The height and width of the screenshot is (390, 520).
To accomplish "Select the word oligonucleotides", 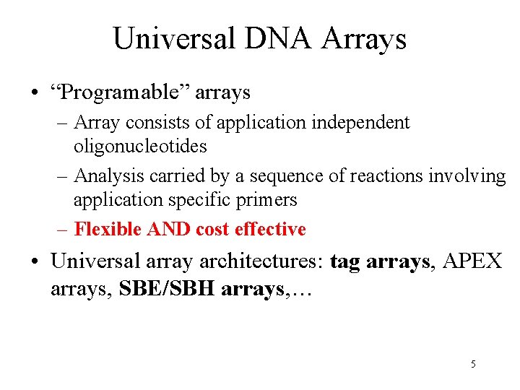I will click(140, 146).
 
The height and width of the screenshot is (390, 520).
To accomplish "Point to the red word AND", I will click(169, 229).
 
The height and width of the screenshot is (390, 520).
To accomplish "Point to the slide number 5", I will click(473, 364).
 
